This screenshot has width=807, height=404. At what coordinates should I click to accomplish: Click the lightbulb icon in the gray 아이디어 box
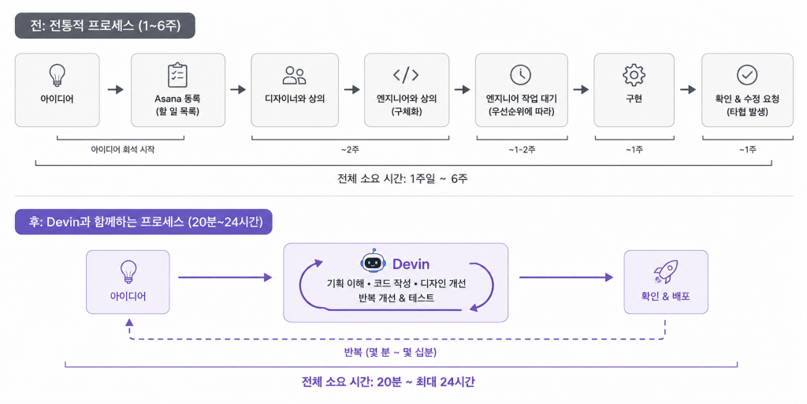[57, 76]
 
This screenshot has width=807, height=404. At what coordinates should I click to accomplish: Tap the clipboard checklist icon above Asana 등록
[178, 75]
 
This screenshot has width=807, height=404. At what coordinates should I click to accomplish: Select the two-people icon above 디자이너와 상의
[295, 75]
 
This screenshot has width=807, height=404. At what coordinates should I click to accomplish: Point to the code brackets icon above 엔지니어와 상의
[406, 75]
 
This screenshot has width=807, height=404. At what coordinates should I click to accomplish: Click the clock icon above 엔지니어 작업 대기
[520, 75]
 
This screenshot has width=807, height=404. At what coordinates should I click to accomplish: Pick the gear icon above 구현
[634, 75]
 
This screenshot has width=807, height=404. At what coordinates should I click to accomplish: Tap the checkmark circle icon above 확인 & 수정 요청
[746, 75]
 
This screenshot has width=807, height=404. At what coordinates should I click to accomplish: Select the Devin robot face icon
[374, 261]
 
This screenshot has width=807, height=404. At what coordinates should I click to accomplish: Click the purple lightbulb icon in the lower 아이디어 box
[127, 271]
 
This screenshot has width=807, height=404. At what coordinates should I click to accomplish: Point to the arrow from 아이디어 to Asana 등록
[116, 90]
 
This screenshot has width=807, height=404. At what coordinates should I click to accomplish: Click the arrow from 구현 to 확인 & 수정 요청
[687, 90]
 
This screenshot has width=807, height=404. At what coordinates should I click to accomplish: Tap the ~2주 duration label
[351, 150]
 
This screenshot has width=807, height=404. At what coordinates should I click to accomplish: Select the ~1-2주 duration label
[521, 150]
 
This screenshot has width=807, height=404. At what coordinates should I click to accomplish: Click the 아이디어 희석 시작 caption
[122, 150]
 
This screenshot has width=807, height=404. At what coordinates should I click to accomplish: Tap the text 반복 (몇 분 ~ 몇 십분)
[391, 353]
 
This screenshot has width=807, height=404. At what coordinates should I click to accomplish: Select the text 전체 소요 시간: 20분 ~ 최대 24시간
[389, 382]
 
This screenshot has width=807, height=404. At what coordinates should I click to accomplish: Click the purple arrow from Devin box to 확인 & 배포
[566, 278]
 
